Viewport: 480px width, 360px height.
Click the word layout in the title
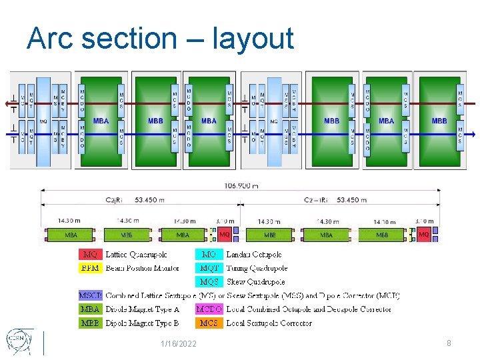click(253, 39)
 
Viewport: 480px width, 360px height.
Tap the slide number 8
click(449, 343)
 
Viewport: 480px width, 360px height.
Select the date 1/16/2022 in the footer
click(178, 343)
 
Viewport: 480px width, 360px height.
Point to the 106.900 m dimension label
click(241, 185)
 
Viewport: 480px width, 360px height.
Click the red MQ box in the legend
click(90, 255)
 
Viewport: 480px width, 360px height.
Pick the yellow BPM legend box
click(90, 268)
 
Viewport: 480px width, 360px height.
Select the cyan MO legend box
click(209, 255)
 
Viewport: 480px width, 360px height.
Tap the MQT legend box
click(209, 268)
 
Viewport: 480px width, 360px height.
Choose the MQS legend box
click(209, 282)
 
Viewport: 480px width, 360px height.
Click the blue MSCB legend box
click(90, 295)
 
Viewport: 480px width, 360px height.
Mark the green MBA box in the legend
click(90, 309)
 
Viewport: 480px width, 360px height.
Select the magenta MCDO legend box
click(209, 309)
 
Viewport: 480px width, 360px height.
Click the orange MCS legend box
click(209, 323)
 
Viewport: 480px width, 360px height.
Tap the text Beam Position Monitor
click(142, 268)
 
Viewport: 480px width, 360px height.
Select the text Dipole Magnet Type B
click(142, 323)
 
